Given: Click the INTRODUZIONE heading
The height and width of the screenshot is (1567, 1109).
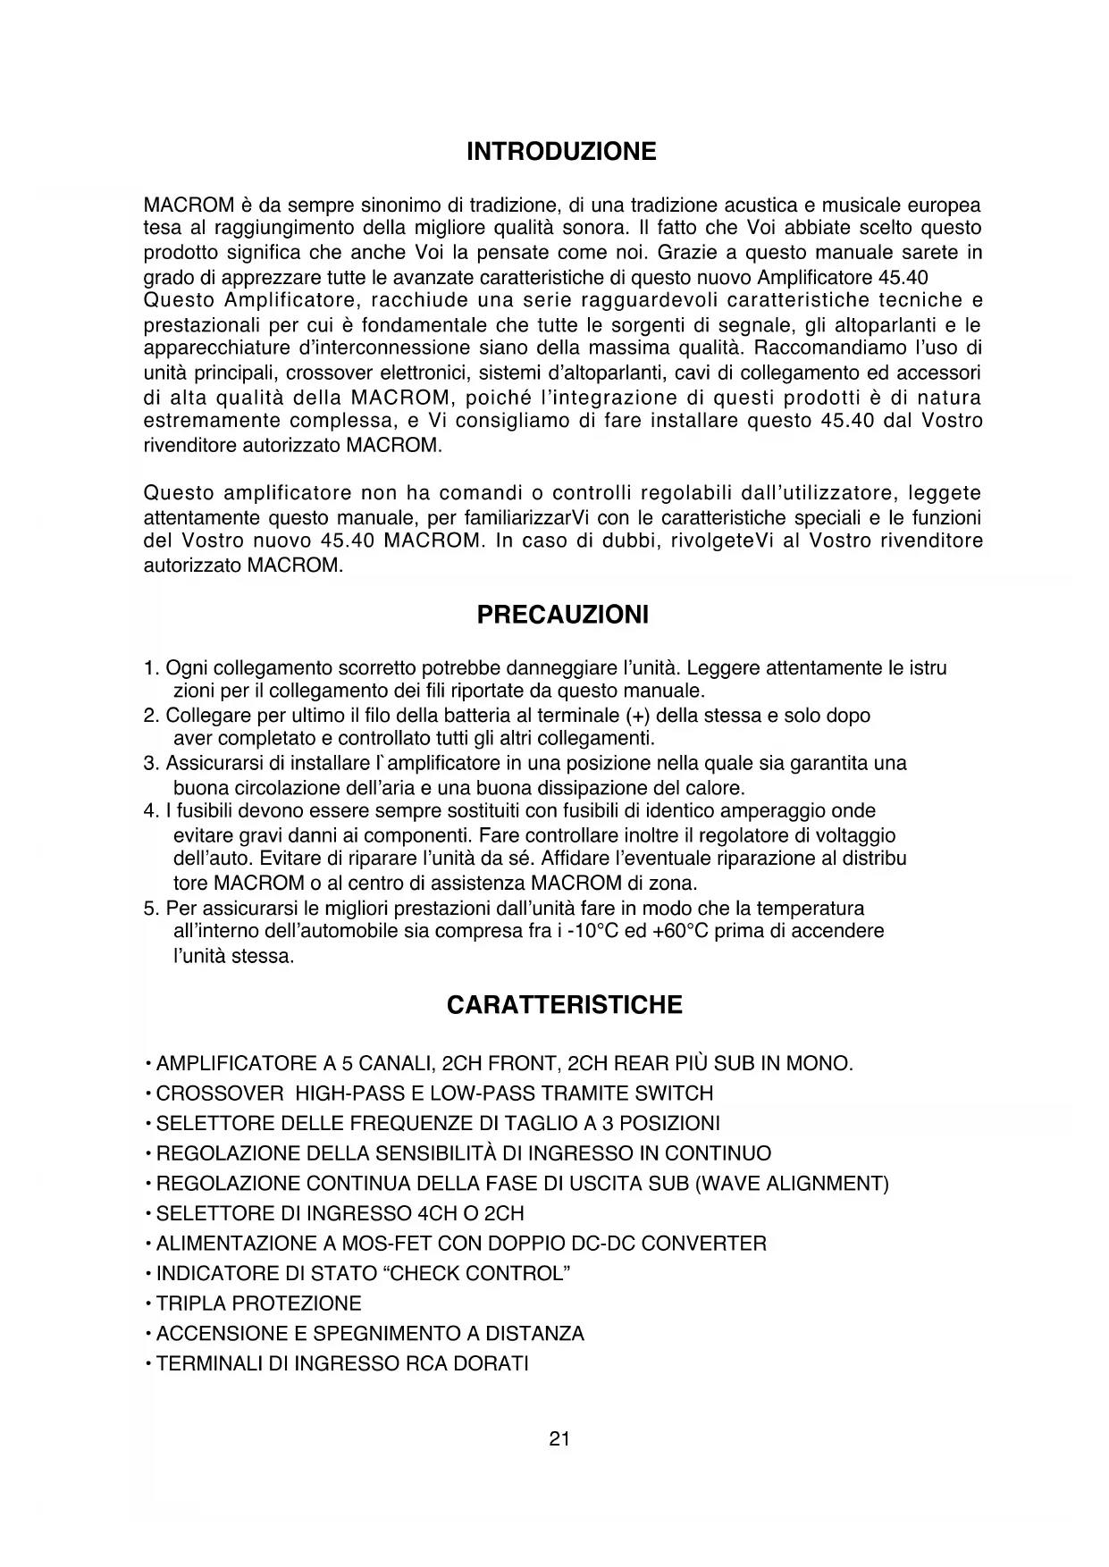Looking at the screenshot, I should click(561, 152).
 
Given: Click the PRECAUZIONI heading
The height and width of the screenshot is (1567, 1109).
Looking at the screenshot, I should click(563, 615).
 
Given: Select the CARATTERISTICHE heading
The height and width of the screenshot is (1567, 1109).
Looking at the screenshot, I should click(564, 1005).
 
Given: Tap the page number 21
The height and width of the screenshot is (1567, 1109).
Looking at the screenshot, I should click(559, 1438).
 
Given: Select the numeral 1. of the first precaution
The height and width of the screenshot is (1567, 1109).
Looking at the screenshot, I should click(151, 667).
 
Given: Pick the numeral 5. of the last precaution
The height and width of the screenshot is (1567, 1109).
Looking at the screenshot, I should click(151, 909).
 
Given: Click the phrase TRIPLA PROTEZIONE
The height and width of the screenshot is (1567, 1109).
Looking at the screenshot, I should click(258, 1303).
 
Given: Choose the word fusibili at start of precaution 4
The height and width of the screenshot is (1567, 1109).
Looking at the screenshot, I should click(202, 811).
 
